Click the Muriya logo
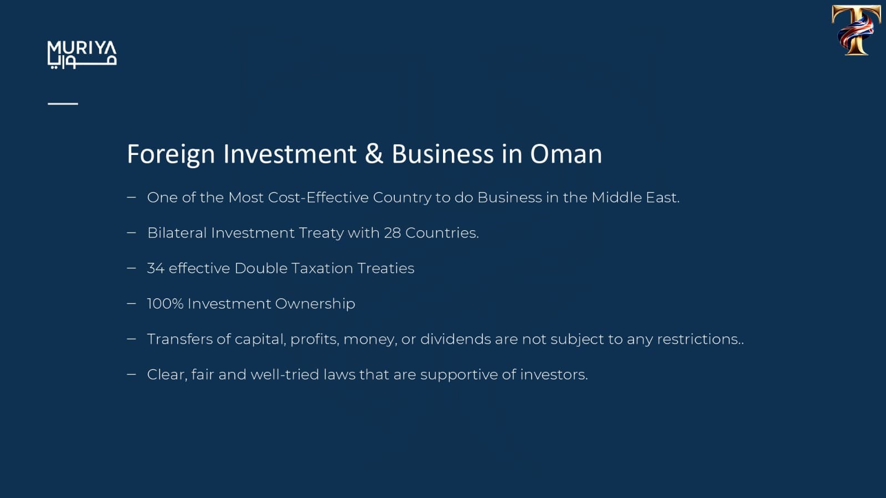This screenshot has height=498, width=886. coord(82,55)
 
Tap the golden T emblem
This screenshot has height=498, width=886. coord(856,30)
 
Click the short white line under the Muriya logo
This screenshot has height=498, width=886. coord(63,103)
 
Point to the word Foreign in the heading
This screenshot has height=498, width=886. coord(171,154)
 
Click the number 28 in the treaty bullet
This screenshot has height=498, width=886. coord(393,233)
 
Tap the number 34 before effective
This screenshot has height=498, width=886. coord(156,268)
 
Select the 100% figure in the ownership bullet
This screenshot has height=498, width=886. coord(165,304)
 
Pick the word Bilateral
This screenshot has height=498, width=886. coord(177,233)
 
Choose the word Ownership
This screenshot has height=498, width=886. coord(315,304)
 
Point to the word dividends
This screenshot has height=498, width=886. coord(455,339)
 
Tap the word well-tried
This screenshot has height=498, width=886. coord(285,374)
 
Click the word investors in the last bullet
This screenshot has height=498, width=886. coord(554,375)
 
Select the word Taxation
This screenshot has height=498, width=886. coord(322,268)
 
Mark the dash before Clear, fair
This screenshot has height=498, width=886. coord(131,374)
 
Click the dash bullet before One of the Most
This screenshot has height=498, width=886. coord(131,197)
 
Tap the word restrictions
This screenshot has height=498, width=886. coord(700,339)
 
